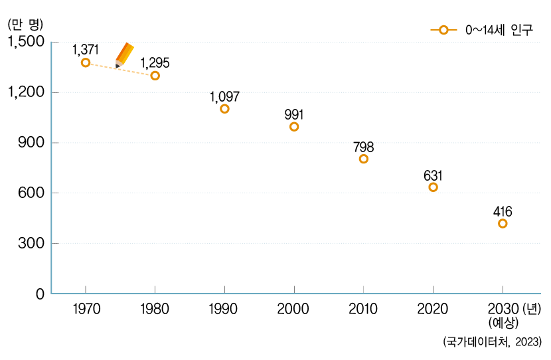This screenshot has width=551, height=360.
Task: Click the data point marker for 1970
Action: (86, 62)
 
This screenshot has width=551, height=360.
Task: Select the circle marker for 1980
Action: (155, 76)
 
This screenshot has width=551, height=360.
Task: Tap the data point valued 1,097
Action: (224, 109)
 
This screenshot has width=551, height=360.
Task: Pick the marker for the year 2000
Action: (294, 127)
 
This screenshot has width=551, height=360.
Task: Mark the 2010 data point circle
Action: (364, 159)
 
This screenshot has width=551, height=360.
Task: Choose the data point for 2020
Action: (433, 187)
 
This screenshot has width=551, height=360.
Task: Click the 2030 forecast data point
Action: (503, 224)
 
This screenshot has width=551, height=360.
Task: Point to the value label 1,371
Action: (86, 49)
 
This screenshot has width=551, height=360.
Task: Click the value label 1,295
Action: (155, 62)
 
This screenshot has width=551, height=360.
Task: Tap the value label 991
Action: (294, 114)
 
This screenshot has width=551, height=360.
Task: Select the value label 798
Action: (364, 146)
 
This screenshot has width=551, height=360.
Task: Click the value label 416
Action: (503, 212)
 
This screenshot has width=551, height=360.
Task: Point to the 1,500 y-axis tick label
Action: (25, 42)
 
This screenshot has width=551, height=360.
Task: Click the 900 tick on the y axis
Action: (31, 143)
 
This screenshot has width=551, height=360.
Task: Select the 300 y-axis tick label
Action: (31, 244)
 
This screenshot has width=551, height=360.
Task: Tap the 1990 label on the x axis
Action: (224, 309)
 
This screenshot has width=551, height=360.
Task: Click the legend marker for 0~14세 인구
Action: (443, 30)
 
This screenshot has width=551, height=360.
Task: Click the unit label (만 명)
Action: (25, 25)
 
